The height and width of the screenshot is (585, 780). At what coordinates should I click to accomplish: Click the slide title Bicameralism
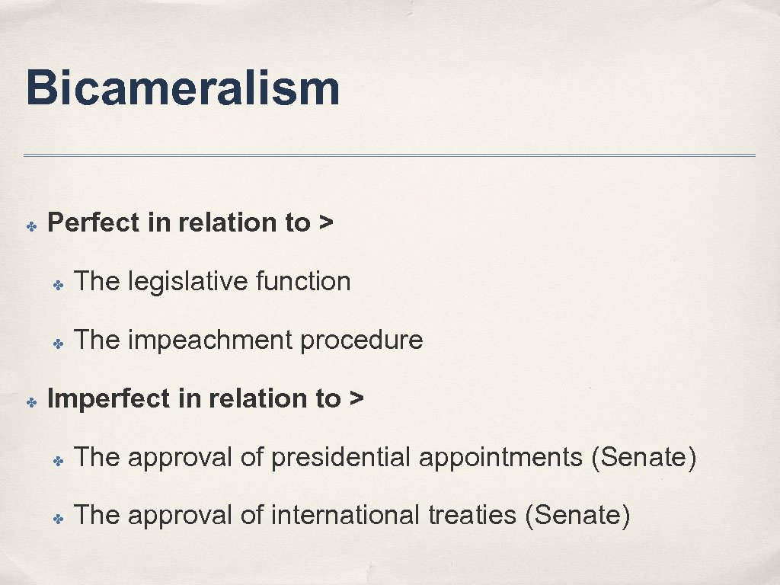coord(183,88)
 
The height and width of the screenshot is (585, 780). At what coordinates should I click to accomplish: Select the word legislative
coord(188,282)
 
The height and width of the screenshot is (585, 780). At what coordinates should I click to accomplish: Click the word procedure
coord(361,340)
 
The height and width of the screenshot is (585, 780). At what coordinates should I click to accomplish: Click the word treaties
coord(473,516)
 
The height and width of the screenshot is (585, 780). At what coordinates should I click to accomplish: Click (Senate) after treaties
coord(578,516)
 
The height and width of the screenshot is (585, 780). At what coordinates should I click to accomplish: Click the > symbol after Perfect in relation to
coord(326,223)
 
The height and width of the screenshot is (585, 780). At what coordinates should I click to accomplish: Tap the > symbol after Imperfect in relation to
coord(356,399)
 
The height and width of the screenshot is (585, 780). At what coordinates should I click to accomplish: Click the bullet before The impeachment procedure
coord(57,344)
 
